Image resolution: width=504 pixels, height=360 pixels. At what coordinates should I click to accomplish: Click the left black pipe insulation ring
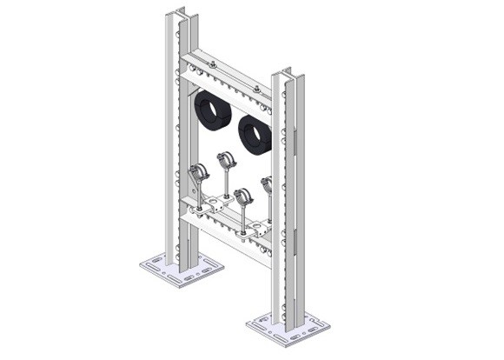(x=212, y=111)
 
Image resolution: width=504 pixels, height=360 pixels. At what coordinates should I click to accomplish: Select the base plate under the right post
(x=288, y=330)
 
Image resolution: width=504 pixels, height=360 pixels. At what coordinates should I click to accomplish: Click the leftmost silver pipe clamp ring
(x=198, y=171)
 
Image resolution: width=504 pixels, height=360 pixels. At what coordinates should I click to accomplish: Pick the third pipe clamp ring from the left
(x=243, y=196)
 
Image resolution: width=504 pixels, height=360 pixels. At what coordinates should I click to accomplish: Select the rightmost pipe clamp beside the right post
(x=267, y=184)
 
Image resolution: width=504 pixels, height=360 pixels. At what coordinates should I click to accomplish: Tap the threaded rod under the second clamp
(x=227, y=183)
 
